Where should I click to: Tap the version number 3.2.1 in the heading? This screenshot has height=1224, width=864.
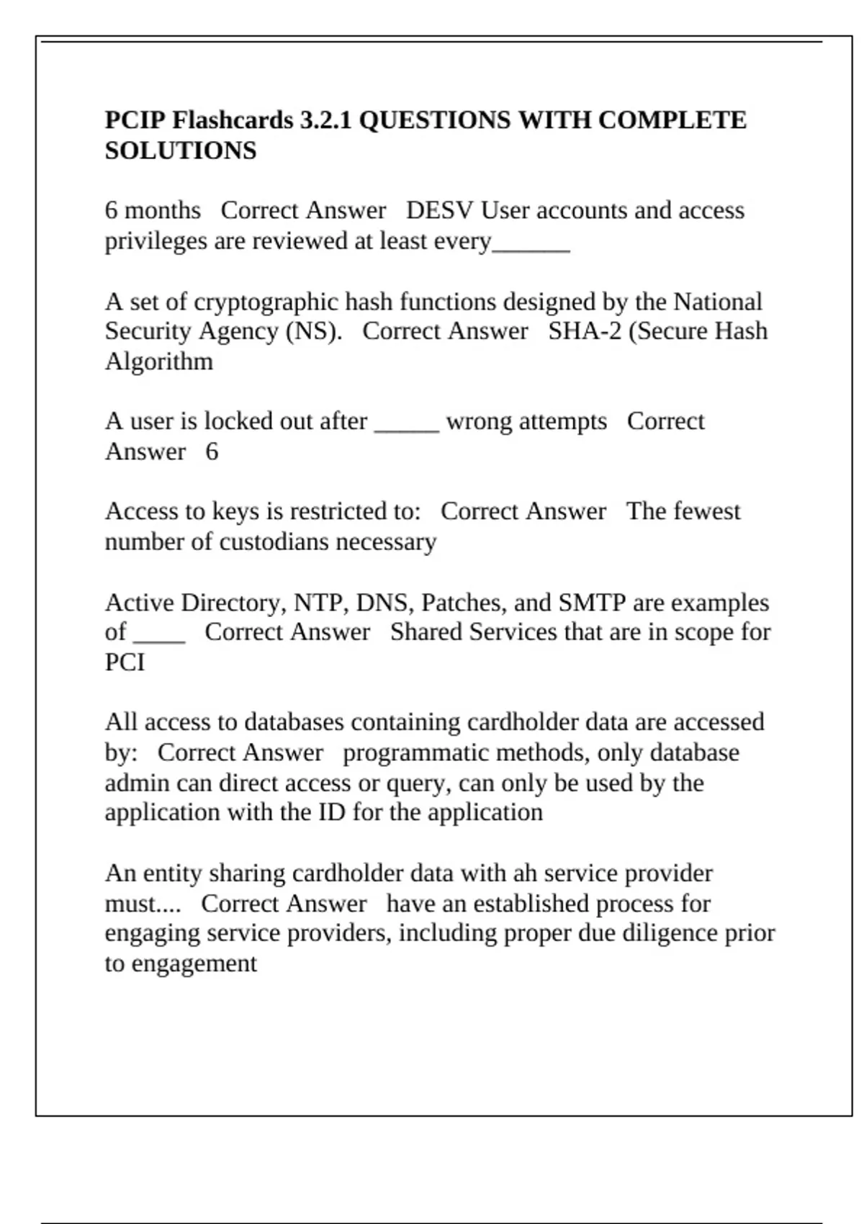(325, 120)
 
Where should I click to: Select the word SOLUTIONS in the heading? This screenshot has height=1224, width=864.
(180, 150)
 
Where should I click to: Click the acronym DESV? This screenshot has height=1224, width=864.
(439, 210)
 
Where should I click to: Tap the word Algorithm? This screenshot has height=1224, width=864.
(158, 361)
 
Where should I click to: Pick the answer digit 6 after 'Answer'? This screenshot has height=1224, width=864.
(212, 452)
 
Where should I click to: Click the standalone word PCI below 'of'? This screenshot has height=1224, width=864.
(125, 662)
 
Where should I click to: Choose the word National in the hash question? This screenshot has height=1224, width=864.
(717, 301)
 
